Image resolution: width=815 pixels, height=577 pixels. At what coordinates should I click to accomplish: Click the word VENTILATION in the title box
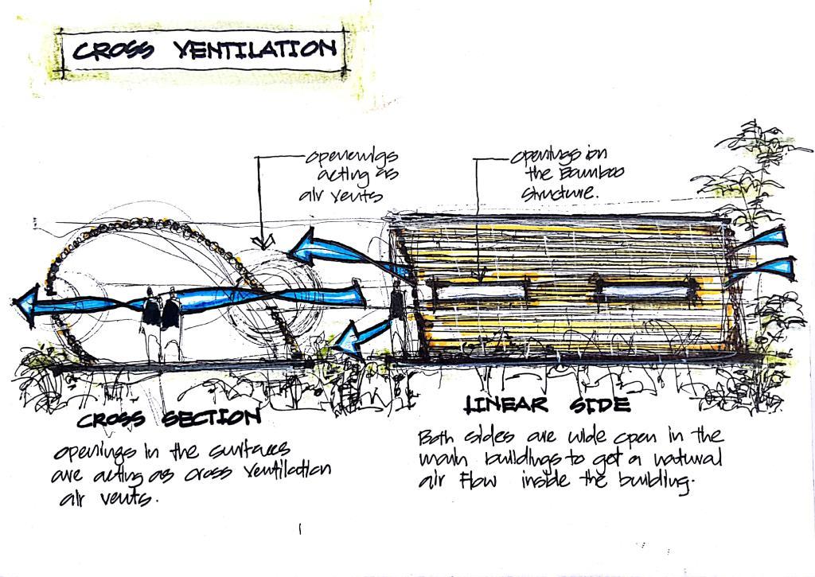pos(255,50)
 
